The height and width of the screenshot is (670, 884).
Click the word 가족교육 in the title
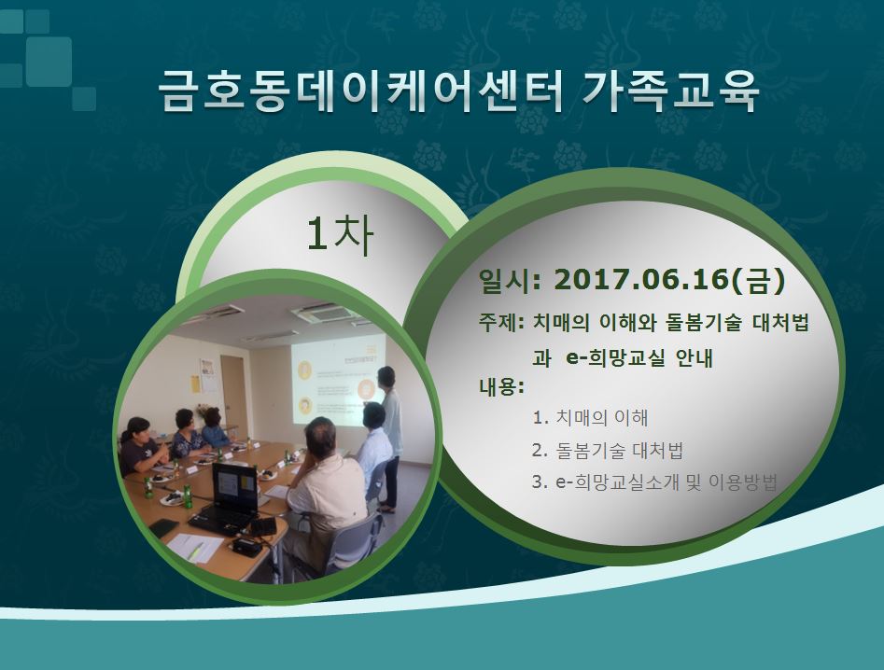(x=670, y=91)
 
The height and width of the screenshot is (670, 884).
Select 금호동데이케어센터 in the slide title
(x=360, y=91)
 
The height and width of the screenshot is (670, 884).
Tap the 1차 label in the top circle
(x=340, y=234)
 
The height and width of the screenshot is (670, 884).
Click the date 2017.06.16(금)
(x=669, y=279)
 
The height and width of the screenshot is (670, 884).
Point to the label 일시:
(x=509, y=280)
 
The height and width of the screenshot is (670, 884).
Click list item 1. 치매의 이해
(x=590, y=417)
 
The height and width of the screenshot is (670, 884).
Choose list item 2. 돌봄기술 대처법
(x=608, y=450)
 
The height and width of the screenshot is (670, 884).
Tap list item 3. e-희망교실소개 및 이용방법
(x=655, y=482)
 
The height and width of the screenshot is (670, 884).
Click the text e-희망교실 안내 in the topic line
(x=639, y=357)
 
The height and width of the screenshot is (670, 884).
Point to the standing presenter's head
(x=386, y=377)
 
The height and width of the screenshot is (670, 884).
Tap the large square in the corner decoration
(x=49, y=62)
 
